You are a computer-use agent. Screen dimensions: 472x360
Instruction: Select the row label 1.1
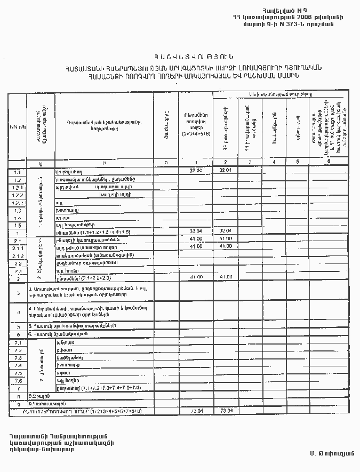click(17, 172)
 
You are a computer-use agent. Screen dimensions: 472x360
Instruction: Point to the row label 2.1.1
click(17, 247)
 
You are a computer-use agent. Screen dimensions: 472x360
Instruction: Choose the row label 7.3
click(18, 357)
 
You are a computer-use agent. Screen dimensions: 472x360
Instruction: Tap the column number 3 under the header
click(250, 162)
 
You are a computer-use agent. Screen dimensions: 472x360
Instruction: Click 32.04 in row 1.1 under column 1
click(196, 171)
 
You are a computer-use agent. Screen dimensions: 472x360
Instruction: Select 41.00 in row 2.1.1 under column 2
click(226, 246)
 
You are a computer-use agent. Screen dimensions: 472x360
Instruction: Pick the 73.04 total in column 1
click(196, 411)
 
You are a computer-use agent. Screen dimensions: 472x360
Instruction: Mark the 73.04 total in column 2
click(226, 411)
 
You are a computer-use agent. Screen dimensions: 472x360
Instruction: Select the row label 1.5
click(17, 226)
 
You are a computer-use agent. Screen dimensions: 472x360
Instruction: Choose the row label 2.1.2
click(17, 255)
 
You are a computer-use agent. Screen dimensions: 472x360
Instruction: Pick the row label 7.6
click(18, 380)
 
